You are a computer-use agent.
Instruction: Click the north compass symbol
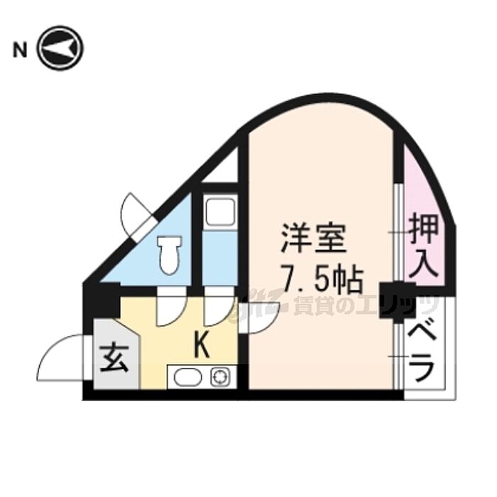60,48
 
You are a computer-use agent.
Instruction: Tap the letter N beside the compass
20,50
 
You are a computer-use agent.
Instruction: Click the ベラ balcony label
421,354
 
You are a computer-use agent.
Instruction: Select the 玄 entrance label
114,358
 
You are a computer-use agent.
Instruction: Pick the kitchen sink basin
188,378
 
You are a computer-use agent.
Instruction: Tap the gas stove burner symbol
219,378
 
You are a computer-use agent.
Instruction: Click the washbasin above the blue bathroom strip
220,211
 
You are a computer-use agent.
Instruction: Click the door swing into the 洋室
259,317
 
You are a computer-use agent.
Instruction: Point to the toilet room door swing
170,311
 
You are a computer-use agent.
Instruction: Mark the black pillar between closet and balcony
398,300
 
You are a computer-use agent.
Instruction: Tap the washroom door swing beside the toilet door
219,311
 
